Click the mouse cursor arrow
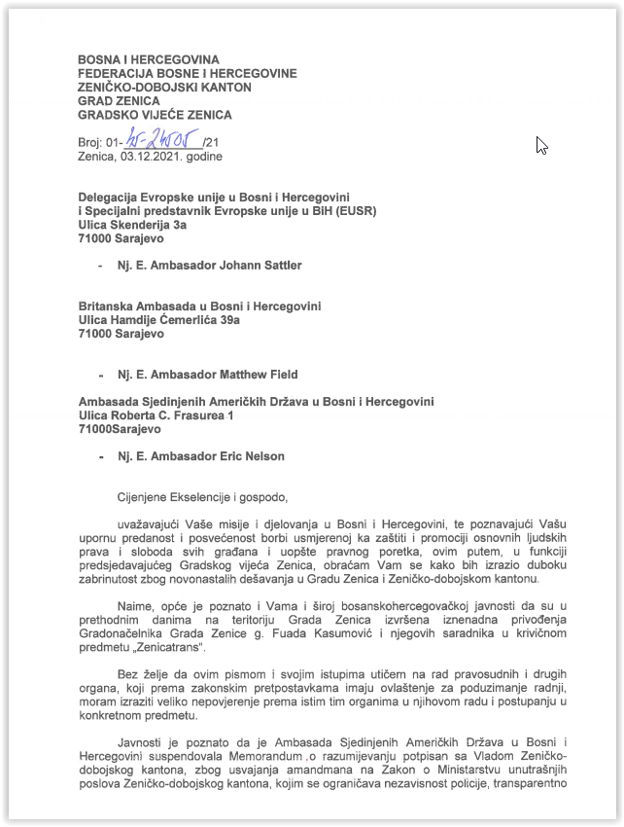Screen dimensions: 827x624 coord(541,145)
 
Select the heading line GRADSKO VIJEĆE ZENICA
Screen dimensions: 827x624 coord(155,115)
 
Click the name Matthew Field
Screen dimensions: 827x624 coord(255,375)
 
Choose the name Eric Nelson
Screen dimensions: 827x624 coord(250,456)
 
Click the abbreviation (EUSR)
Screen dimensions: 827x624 coord(355,210)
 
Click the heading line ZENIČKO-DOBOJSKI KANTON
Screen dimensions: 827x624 coord(164,88)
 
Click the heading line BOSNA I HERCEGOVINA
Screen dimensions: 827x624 coord(149,60)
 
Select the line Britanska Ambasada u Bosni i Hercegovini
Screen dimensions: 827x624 coord(199,306)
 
